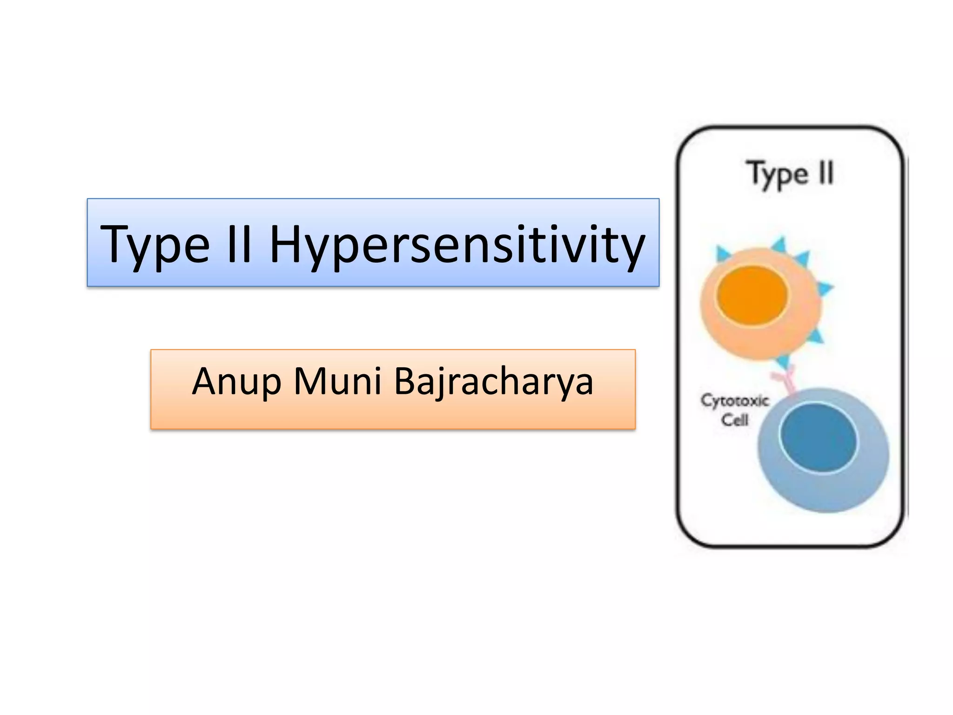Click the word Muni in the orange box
coord(337,381)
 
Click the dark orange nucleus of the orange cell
coord(752,295)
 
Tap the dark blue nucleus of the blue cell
coord(818,438)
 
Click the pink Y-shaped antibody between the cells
coord(786,379)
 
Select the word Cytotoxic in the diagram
coord(735,400)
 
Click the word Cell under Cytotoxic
coord(735,420)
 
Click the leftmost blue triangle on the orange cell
coord(722,254)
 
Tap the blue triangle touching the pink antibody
coord(783,361)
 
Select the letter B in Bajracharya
coord(408,381)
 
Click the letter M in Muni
coord(309,381)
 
